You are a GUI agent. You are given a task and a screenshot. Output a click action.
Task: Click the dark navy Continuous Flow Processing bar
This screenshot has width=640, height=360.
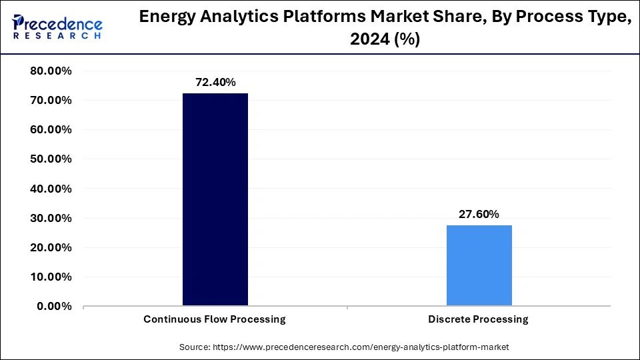point(215,199)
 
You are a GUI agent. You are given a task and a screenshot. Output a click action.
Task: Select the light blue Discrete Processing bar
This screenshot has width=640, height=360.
point(479,265)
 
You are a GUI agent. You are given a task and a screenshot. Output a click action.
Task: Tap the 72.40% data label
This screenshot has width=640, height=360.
point(215,83)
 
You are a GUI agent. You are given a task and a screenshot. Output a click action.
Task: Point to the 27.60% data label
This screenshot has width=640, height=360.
point(479,214)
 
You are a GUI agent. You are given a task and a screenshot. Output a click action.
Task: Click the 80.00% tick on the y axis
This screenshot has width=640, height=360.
point(51,71)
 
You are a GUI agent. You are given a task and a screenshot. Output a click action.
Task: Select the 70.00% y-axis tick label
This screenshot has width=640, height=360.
point(51,101)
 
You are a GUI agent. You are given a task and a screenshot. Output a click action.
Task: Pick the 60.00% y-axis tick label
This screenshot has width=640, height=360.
point(51,130)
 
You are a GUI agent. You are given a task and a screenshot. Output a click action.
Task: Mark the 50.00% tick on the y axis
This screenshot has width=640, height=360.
point(51,159)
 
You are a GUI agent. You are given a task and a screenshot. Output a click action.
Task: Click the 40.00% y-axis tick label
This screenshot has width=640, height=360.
point(51,189)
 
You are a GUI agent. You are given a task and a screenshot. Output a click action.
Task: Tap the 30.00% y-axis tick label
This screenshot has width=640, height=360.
point(51,218)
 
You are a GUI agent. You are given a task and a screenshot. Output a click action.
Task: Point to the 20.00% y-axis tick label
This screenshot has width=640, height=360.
point(51,247)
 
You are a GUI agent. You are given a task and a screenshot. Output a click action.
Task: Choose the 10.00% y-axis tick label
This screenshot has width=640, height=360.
point(51,277)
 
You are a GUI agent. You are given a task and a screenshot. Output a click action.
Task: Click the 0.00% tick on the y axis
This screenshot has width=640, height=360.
point(54,306)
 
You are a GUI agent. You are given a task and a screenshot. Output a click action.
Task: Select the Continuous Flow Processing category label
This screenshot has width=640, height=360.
point(215,319)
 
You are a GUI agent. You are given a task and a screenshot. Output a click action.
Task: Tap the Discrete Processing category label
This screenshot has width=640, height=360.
point(479,319)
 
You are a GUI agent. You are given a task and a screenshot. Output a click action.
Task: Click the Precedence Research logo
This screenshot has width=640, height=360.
point(57,27)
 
